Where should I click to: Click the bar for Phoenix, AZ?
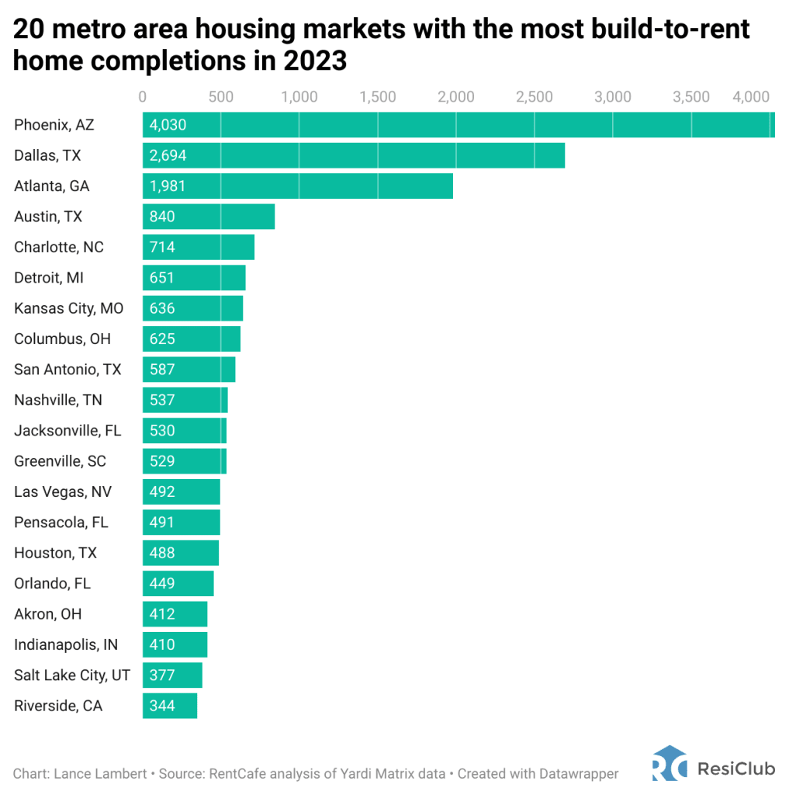(x=458, y=125)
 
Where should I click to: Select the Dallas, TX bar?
(x=353, y=155)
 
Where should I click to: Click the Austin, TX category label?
(x=48, y=217)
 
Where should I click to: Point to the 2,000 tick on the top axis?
(x=456, y=97)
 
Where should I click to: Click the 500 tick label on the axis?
(x=221, y=97)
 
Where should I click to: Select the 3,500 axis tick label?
(x=690, y=97)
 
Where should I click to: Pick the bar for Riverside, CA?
(x=169, y=706)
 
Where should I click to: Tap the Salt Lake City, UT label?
(x=72, y=675)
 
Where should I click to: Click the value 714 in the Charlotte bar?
(x=162, y=248)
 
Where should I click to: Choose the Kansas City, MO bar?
(x=192, y=308)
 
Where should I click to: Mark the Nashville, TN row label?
(x=58, y=400)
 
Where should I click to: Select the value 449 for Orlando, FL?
(x=162, y=584)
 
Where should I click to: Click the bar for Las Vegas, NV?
(x=182, y=491)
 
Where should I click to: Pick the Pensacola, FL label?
(x=61, y=522)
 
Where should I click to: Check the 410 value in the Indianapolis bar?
(x=162, y=644)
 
